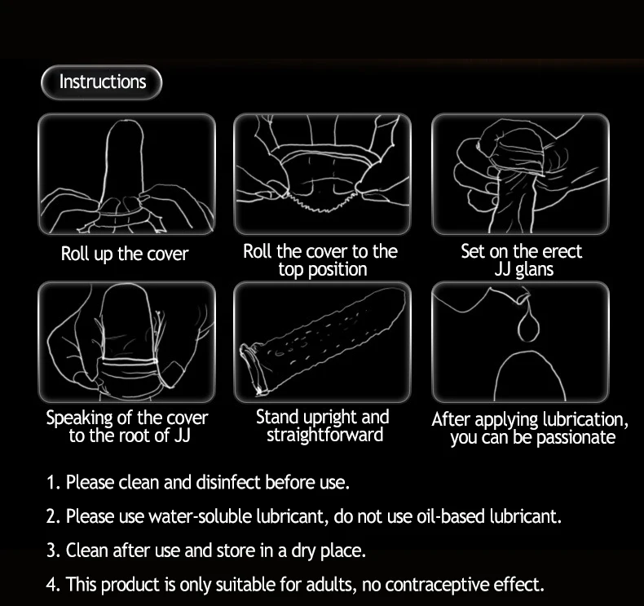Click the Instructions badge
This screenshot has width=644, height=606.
pyautogui.click(x=101, y=82)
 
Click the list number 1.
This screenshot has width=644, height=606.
pyautogui.click(x=53, y=482)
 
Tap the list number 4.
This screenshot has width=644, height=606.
pyautogui.click(x=53, y=585)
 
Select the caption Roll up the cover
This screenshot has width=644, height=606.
pyautogui.click(x=125, y=254)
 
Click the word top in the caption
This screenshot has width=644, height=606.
pyautogui.click(x=291, y=270)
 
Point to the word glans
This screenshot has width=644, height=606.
pyautogui.click(x=534, y=270)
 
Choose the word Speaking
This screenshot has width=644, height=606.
pyautogui.click(x=79, y=418)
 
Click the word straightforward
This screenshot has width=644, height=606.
pyautogui.click(x=324, y=435)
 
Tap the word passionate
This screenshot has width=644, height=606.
pyautogui.click(x=576, y=437)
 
